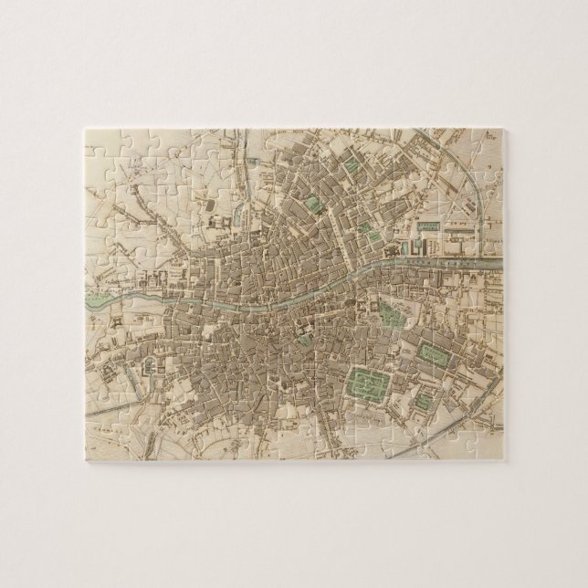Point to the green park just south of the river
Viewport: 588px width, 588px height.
click(392, 314)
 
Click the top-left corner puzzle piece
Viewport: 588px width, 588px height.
click(101, 146)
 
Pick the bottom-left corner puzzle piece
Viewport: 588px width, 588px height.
click(101, 443)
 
